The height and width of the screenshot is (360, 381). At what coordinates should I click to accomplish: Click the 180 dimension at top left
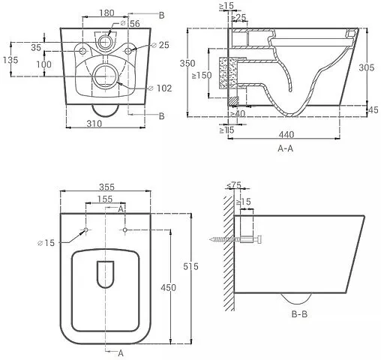[x=106, y=13]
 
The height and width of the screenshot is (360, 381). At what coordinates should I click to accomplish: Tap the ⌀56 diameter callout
[x=130, y=23]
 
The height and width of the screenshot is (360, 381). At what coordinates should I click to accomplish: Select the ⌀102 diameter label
[x=160, y=88]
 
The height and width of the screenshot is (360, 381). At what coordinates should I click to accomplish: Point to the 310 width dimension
[x=94, y=124]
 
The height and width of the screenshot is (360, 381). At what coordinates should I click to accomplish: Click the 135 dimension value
[x=10, y=60]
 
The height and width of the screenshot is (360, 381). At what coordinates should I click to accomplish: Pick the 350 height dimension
[x=187, y=63]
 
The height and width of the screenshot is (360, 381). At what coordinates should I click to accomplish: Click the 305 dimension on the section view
[x=367, y=67]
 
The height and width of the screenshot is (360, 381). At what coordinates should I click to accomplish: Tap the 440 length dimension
[x=286, y=135]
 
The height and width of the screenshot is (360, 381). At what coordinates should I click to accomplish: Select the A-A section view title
[x=286, y=148]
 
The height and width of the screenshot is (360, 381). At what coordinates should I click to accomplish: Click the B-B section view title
[x=299, y=314]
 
